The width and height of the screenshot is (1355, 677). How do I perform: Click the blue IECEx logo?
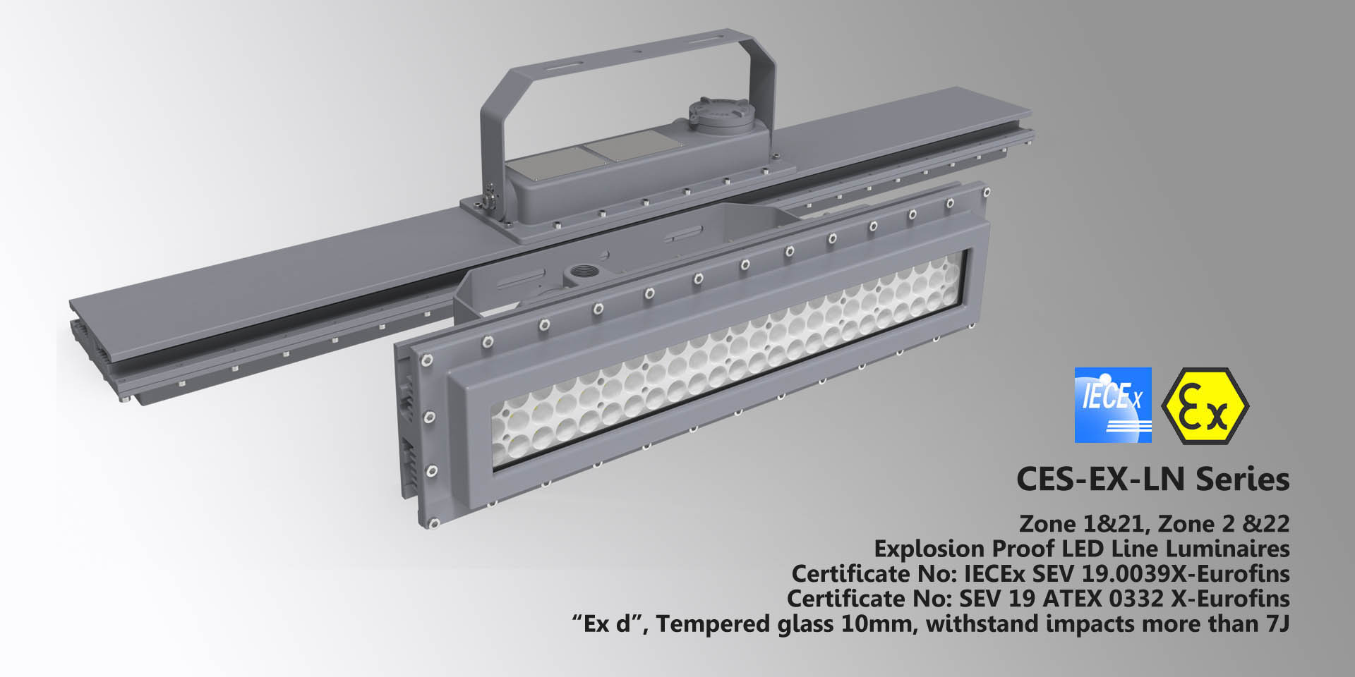[x=1112, y=405]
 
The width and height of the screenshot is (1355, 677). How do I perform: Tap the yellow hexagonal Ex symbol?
[x=1205, y=405]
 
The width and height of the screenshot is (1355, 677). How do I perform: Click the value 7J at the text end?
[x=1277, y=624]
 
